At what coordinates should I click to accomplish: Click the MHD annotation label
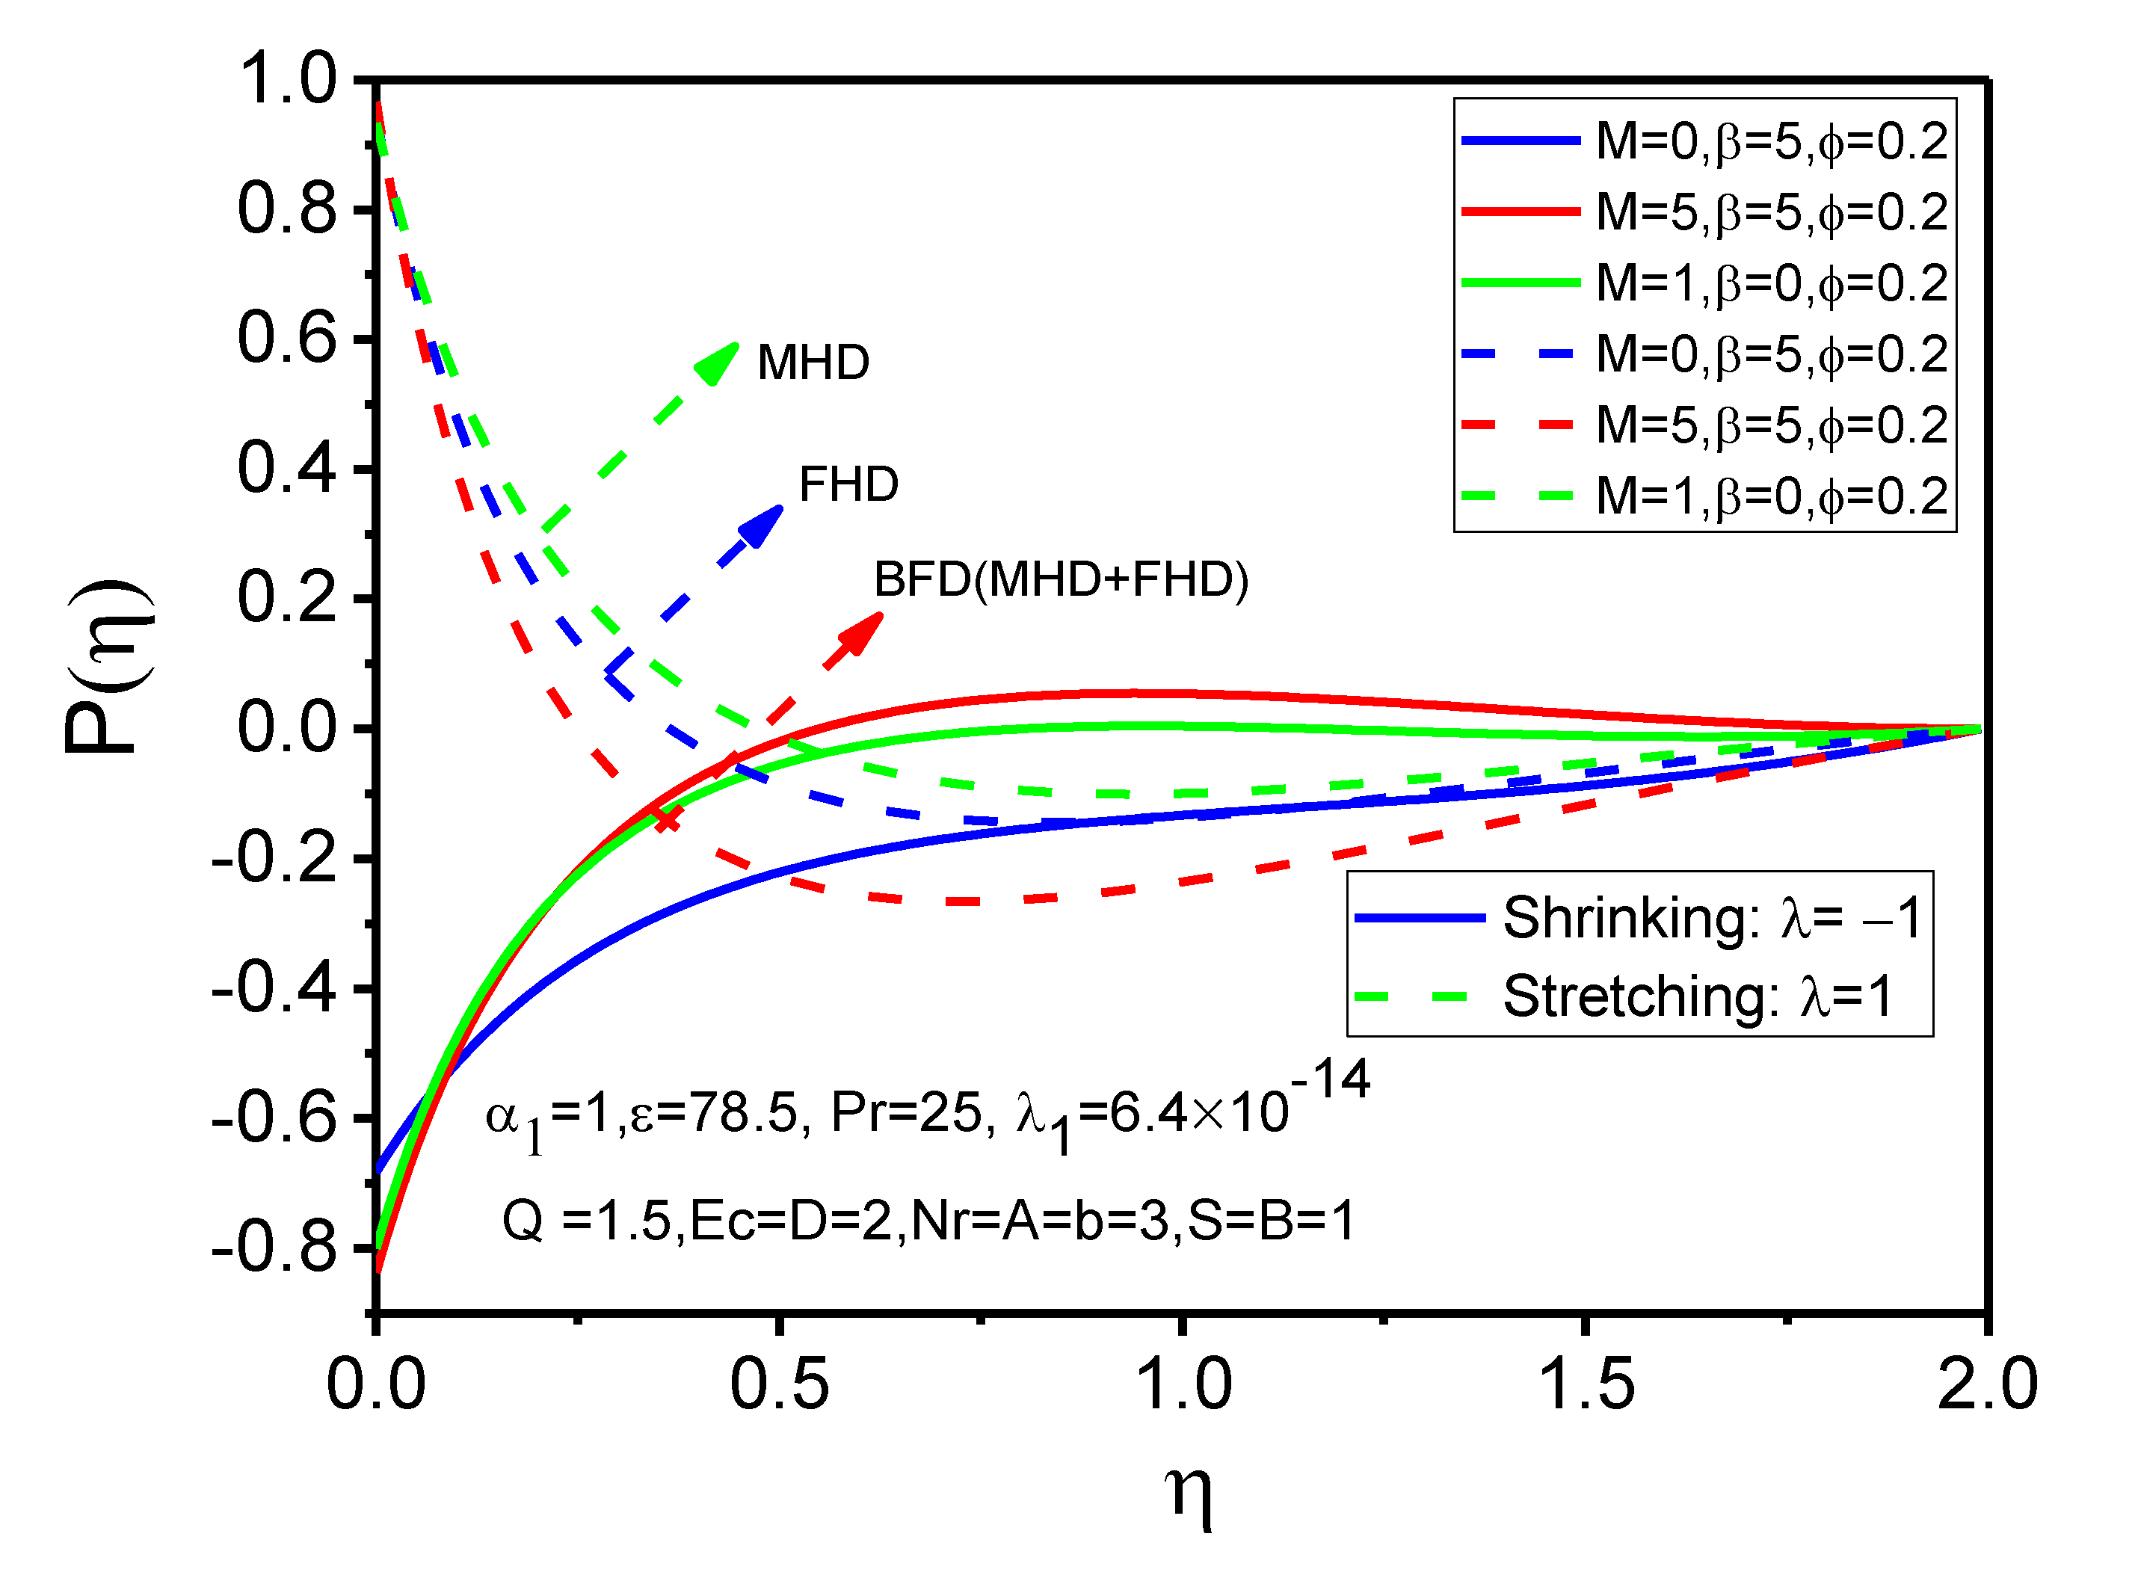[x=813, y=363]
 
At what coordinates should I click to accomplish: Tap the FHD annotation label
[x=848, y=484]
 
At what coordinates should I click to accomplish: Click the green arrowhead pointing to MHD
[x=720, y=363]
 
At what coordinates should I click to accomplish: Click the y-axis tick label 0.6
[x=287, y=339]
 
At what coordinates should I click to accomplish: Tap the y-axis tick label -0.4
[x=274, y=989]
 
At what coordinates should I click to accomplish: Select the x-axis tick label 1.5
[x=1586, y=1384]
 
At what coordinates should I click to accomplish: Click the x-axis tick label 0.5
[x=779, y=1384]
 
